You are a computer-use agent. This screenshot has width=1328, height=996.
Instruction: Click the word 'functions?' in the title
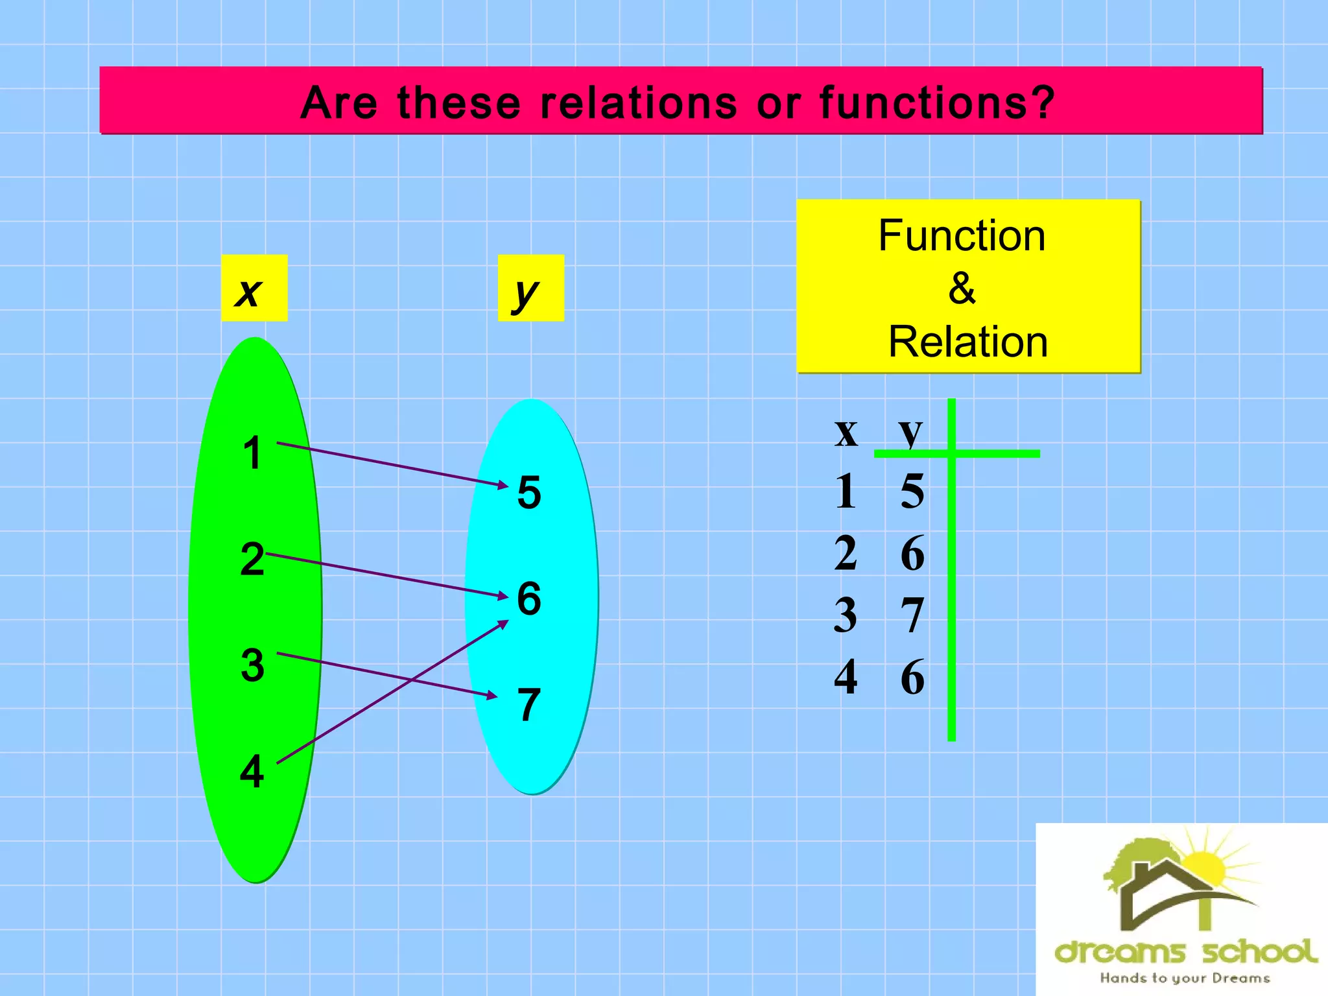click(x=937, y=103)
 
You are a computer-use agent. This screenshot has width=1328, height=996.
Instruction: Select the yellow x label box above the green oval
click(x=254, y=288)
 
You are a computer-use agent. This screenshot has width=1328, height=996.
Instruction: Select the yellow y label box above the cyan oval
click(x=530, y=288)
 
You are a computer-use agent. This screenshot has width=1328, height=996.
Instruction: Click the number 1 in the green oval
click(x=252, y=453)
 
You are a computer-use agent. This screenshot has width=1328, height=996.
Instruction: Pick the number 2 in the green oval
click(x=252, y=559)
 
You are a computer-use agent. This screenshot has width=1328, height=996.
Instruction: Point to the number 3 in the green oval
click(x=252, y=665)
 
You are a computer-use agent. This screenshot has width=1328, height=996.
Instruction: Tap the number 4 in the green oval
click(x=252, y=772)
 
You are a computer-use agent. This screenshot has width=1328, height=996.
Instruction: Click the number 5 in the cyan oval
click(x=529, y=492)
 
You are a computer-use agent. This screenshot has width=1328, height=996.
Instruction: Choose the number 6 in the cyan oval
click(x=529, y=598)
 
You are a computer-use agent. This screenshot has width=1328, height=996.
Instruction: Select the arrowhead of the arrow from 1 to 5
click(x=503, y=484)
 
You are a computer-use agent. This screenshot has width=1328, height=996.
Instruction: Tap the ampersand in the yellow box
click(x=962, y=288)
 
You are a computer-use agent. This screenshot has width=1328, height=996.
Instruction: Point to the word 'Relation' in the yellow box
click(x=967, y=342)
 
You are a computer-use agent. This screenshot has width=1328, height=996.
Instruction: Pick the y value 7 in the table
click(x=912, y=615)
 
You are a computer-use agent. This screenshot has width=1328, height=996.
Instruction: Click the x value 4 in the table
click(x=846, y=676)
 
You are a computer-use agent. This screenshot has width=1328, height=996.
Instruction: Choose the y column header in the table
click(x=910, y=432)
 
